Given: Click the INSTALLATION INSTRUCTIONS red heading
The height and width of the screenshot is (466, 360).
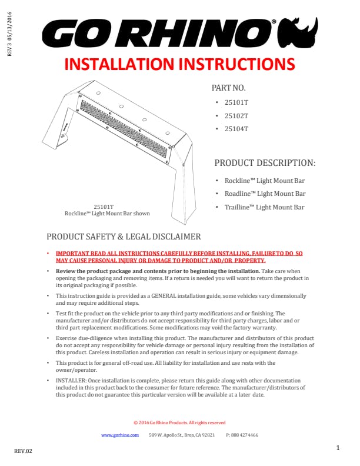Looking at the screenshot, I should pyautogui.click(x=179, y=64).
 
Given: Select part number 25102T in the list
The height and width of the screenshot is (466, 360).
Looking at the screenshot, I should pyautogui.click(x=236, y=115).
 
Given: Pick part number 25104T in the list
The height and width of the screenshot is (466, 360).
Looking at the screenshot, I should pyautogui.click(x=236, y=129).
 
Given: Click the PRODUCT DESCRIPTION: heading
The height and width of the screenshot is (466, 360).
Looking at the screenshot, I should pyautogui.click(x=265, y=162).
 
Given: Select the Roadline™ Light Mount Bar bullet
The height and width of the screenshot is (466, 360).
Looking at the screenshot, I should pyautogui.click(x=265, y=194).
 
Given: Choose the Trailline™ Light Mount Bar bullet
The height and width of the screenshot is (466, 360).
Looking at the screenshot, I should pyautogui.click(x=265, y=207).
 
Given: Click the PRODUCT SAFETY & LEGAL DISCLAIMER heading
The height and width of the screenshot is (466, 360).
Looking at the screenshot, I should pyautogui.click(x=124, y=237).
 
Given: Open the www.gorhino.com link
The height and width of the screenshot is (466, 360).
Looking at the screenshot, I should pyautogui.click(x=120, y=435).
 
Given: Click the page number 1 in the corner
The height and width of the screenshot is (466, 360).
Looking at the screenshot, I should pyautogui.click(x=338, y=448).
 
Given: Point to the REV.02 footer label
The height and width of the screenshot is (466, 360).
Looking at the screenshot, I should pyautogui.click(x=24, y=451).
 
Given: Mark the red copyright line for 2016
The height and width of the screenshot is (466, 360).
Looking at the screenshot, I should pyautogui.click(x=179, y=422).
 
